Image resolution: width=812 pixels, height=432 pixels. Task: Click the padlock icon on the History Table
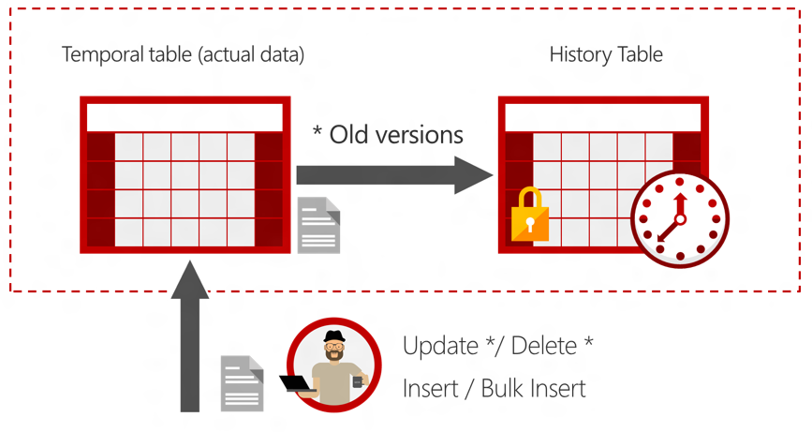(x=529, y=216)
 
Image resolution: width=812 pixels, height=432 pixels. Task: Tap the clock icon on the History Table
(x=679, y=220)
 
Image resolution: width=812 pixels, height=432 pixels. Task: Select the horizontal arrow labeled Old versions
(x=393, y=174)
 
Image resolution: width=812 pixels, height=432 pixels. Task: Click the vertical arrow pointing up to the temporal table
(x=190, y=337)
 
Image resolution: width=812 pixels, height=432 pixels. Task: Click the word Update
(x=441, y=346)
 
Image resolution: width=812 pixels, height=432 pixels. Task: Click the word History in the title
(x=574, y=54)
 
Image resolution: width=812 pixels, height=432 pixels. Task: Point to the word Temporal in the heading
(x=99, y=54)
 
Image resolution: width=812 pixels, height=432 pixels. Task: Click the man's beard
(x=333, y=358)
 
